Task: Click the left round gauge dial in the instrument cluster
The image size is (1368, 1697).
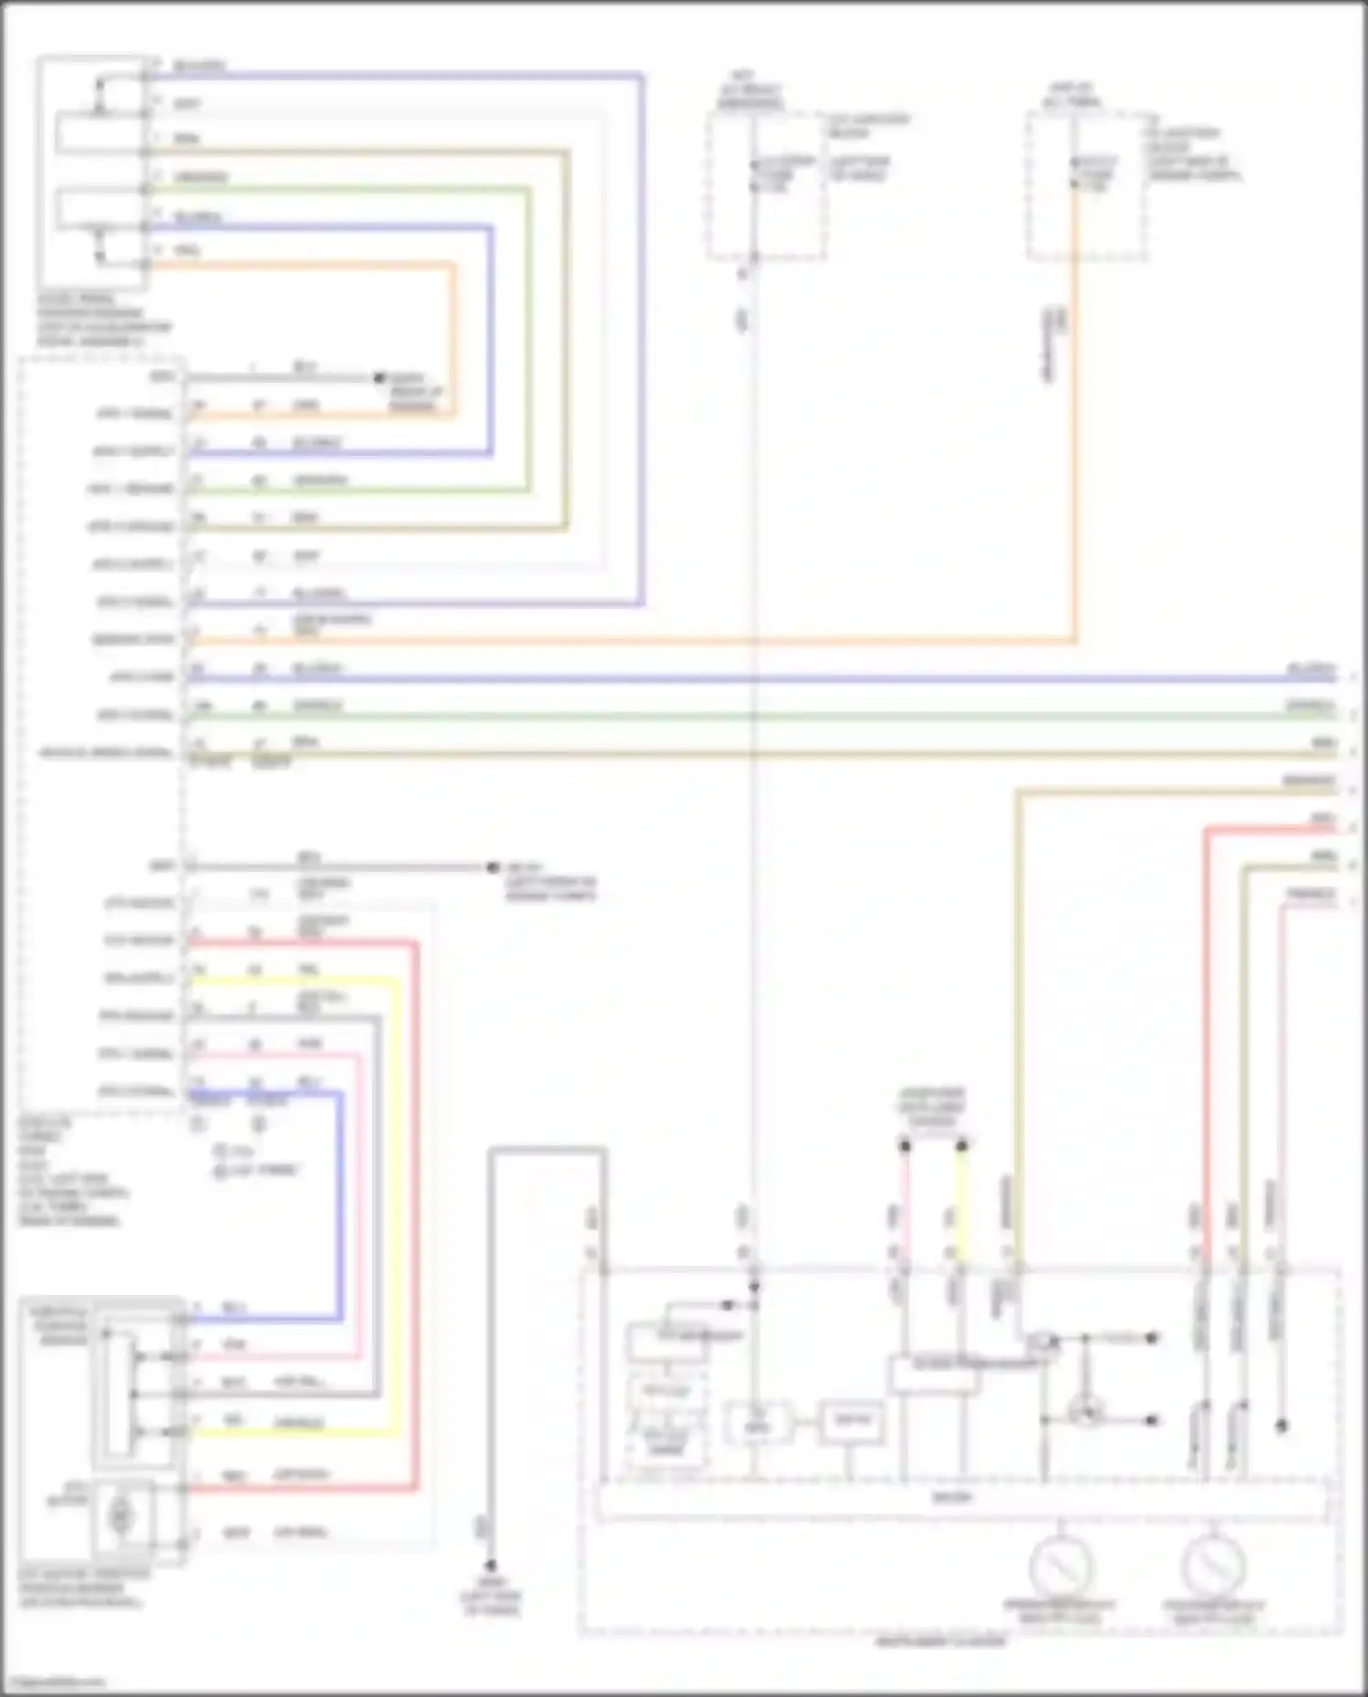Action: pyautogui.click(x=1061, y=1567)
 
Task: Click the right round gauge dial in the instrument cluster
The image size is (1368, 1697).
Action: pyautogui.click(x=1213, y=1567)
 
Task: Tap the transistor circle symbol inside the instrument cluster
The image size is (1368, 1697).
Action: pyautogui.click(x=1086, y=1412)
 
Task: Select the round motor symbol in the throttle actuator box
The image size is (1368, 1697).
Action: pyautogui.click(x=119, y=1515)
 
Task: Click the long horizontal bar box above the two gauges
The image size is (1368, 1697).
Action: pyautogui.click(x=962, y=1498)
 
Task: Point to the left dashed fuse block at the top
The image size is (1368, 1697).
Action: pyautogui.click(x=766, y=186)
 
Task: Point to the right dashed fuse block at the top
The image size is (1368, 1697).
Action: pyautogui.click(x=1086, y=186)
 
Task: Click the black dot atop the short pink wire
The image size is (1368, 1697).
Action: pyautogui.click(x=905, y=1145)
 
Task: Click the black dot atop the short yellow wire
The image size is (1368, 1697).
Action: pyautogui.click(x=961, y=1145)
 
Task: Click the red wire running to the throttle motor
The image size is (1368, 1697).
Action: pyautogui.click(x=416, y=1185)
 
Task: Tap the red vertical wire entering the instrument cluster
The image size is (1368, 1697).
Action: pyautogui.click(x=1206, y=1003)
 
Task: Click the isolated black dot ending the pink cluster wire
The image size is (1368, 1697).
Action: pyautogui.click(x=1281, y=1425)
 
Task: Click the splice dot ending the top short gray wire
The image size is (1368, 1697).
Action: pyautogui.click(x=380, y=378)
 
